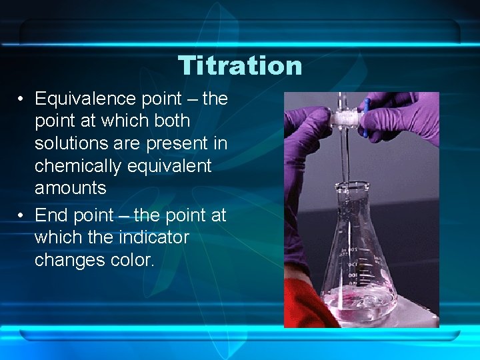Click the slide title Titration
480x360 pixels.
point(240,65)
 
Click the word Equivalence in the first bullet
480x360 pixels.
point(85,99)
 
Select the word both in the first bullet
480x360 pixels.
point(173,121)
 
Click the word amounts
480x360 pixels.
point(70,188)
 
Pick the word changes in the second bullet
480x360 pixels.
point(67,260)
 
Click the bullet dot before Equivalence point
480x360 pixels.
point(22,99)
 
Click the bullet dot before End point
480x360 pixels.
point(22,216)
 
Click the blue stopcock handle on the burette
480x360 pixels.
point(366,117)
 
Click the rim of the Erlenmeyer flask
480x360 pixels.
point(347,184)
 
